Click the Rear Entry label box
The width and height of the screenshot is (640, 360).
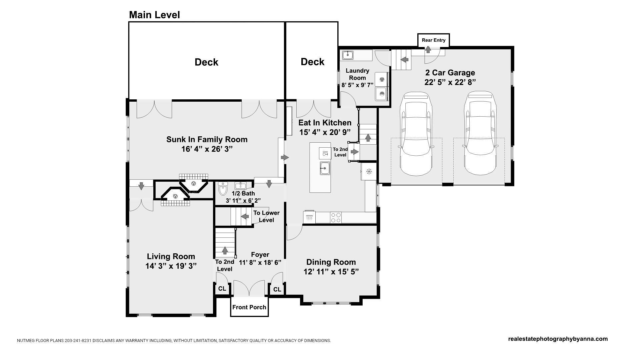point(434,40)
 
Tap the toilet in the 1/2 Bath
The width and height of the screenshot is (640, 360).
point(223,189)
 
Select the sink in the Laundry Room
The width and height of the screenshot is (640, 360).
point(348,55)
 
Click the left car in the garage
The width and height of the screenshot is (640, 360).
point(417,134)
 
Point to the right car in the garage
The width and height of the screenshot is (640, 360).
point(479,133)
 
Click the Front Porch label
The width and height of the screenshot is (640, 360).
point(249,307)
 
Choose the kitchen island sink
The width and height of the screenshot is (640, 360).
point(325,168)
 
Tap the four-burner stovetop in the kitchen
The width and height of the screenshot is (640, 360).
point(336,218)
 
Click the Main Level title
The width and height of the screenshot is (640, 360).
point(154,15)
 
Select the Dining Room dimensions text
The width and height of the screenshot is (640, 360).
point(331,272)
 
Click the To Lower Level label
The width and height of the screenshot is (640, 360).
point(266,216)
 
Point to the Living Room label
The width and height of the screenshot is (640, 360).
point(171,256)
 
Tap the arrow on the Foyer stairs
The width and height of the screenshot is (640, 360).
point(225,250)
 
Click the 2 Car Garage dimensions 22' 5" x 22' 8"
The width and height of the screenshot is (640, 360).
point(450,82)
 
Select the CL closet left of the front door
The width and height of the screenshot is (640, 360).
point(222,289)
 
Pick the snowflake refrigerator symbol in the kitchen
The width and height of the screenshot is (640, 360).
point(369,172)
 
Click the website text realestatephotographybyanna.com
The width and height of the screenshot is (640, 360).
point(558,339)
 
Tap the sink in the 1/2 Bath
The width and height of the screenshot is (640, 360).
point(240,185)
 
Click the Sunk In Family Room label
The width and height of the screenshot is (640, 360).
point(207,139)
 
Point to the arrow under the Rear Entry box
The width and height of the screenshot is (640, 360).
point(428,50)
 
